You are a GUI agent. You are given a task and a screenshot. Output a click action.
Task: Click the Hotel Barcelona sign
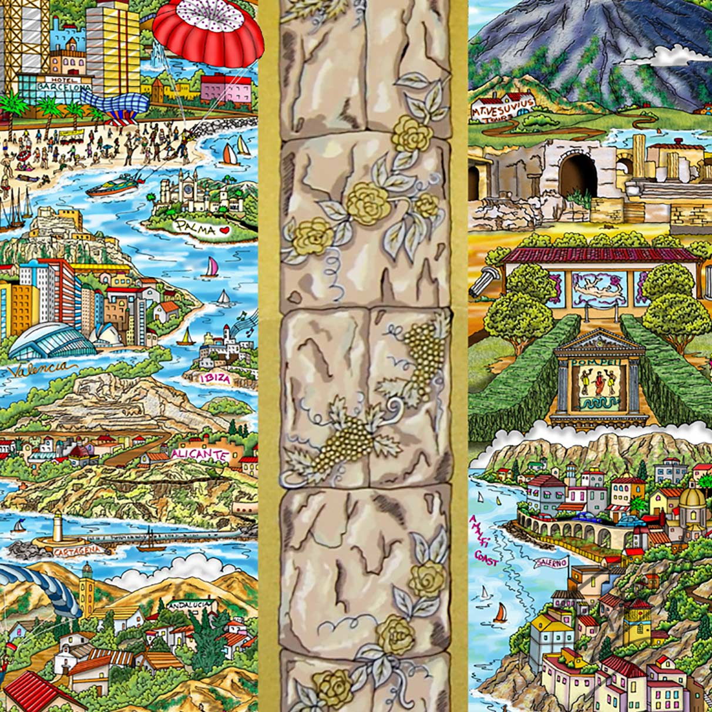[x=56, y=83]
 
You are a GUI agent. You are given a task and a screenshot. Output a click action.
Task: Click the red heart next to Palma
[x=223, y=231]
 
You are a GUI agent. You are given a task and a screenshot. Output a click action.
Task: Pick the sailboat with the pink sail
[x=210, y=267]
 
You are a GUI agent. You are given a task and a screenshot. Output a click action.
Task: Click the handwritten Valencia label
[x=42, y=369]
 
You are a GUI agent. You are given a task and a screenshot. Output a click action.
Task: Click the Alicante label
[x=200, y=454]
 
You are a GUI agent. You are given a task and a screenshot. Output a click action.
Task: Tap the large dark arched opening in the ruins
[x=577, y=175]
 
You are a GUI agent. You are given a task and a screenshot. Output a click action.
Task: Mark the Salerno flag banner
[x=550, y=563]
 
